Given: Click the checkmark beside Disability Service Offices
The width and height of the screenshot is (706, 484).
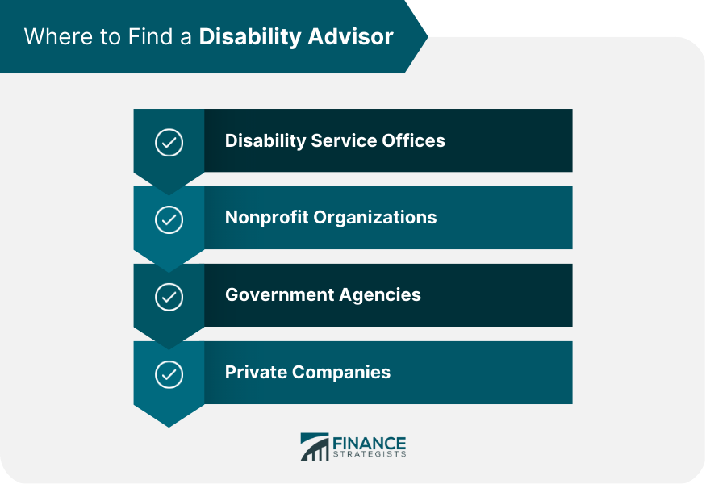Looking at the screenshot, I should pyautogui.click(x=169, y=143).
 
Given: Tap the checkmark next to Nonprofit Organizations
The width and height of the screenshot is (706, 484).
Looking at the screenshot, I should pyautogui.click(x=169, y=219).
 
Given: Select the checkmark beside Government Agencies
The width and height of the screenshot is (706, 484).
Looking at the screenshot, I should pyautogui.click(x=169, y=297).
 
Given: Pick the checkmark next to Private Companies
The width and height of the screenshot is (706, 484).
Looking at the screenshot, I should pyautogui.click(x=169, y=374).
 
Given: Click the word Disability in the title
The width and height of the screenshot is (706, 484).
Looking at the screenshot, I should pyautogui.click(x=245, y=37).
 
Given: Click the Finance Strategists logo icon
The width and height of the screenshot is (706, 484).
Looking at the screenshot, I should pyautogui.click(x=314, y=446).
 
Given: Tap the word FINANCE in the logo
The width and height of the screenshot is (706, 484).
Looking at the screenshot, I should pyautogui.click(x=370, y=442).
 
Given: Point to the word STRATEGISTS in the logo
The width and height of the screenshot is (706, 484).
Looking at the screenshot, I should pyautogui.click(x=370, y=454).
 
